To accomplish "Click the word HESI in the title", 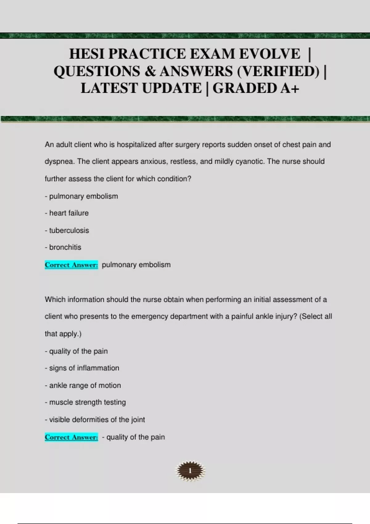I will [x=87, y=54].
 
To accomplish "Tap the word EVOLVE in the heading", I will [x=269, y=54].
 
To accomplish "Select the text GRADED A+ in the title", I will [x=256, y=88].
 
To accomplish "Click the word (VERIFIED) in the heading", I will [x=278, y=71].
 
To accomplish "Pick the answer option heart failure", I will [x=69, y=213].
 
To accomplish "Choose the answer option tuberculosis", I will [x=69, y=230].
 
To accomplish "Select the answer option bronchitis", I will [x=65, y=247].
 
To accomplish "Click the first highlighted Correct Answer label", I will [x=71, y=265].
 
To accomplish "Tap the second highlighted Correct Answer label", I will [x=71, y=437].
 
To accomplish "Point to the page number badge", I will [x=190, y=471].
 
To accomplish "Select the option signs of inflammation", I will [x=84, y=368].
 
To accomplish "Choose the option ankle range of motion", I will [x=85, y=385].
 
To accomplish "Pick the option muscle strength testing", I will [x=87, y=402].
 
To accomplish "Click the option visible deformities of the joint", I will [x=97, y=420].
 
